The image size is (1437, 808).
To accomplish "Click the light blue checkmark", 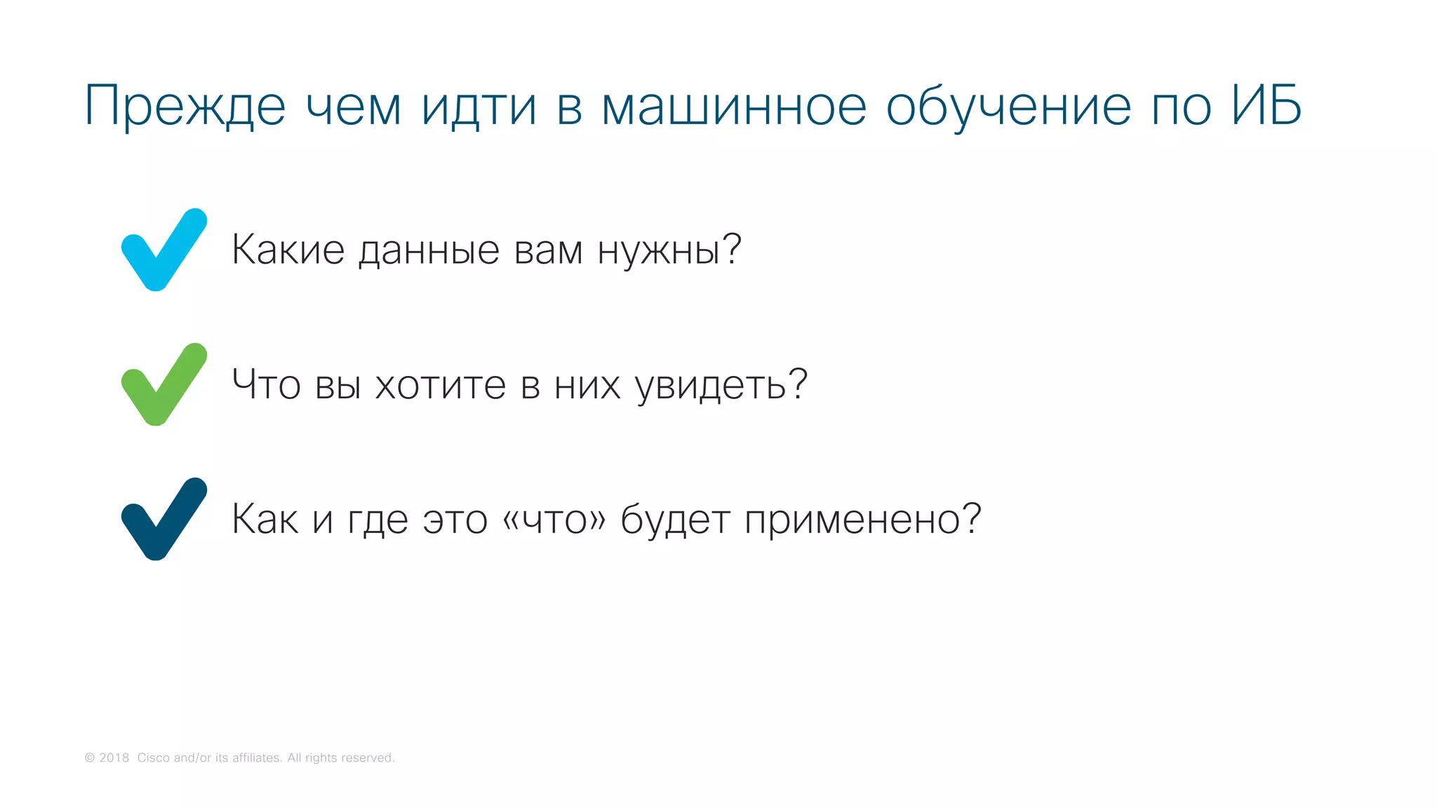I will (x=163, y=250).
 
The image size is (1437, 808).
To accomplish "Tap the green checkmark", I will (x=163, y=385).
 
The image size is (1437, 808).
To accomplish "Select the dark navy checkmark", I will (x=163, y=520).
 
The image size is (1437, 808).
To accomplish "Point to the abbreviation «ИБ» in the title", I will (x=1266, y=107).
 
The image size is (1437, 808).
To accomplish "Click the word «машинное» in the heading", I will (x=734, y=107).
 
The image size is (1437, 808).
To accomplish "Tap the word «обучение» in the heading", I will (x=1008, y=107).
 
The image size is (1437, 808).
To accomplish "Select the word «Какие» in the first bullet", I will (x=288, y=250).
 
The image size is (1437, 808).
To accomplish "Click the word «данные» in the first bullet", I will (x=429, y=251).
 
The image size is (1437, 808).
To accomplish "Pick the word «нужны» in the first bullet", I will (x=660, y=251).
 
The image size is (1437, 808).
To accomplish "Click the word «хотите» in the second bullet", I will (x=441, y=385).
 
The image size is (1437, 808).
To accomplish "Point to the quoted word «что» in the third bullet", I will (x=554, y=520).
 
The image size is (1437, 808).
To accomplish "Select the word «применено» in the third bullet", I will (x=852, y=520).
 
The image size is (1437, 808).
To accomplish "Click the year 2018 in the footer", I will (x=114, y=757).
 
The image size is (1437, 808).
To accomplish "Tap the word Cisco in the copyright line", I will (x=153, y=757).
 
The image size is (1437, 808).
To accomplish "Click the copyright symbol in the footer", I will (x=90, y=757).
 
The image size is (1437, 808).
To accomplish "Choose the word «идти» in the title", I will (x=479, y=107).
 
